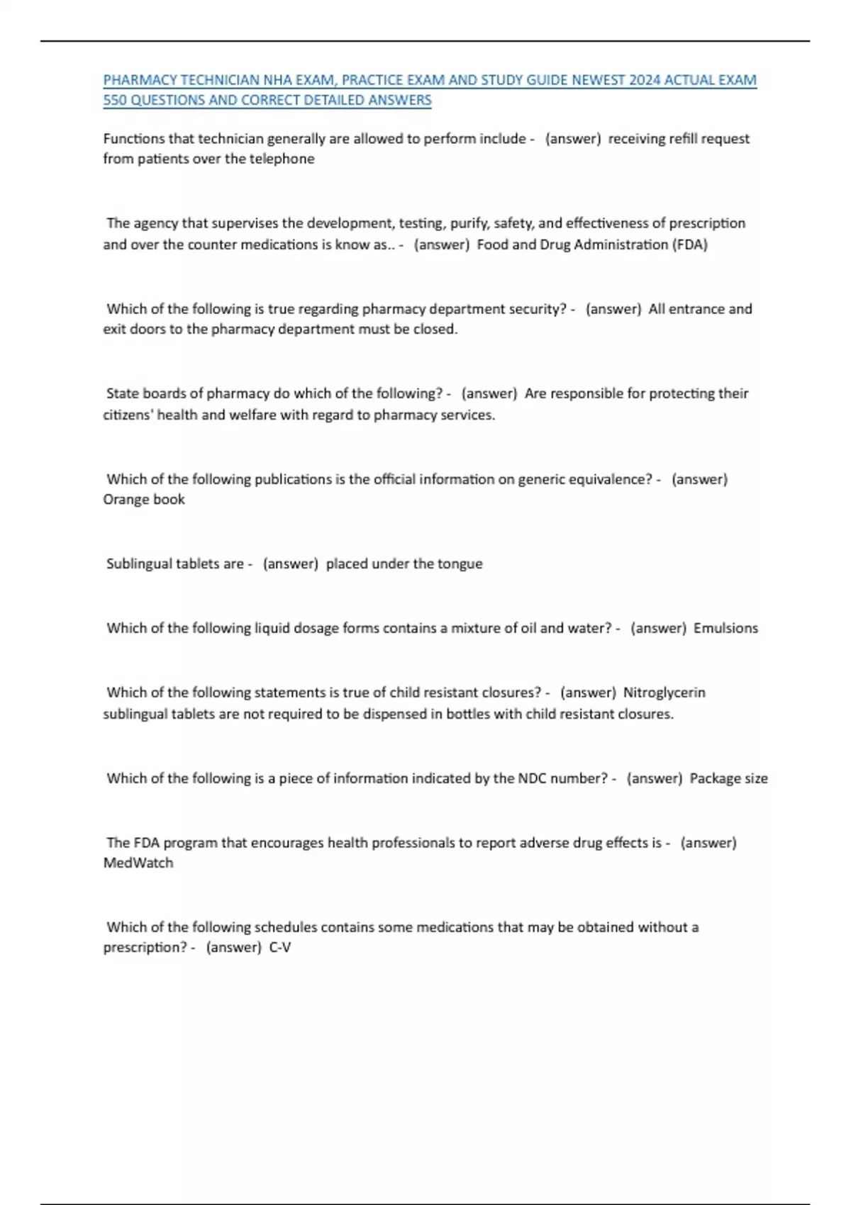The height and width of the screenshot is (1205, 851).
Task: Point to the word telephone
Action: click(282, 159)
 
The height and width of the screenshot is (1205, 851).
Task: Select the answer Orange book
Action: click(144, 500)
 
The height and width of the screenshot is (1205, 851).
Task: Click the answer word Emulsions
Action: click(725, 628)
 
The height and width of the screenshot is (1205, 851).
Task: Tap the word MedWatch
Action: click(138, 863)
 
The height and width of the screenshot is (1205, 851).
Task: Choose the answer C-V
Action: click(280, 948)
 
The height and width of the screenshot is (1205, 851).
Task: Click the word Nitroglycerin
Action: click(664, 693)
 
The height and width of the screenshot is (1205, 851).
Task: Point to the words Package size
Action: click(728, 778)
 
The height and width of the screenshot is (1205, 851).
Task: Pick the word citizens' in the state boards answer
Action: click(128, 415)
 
